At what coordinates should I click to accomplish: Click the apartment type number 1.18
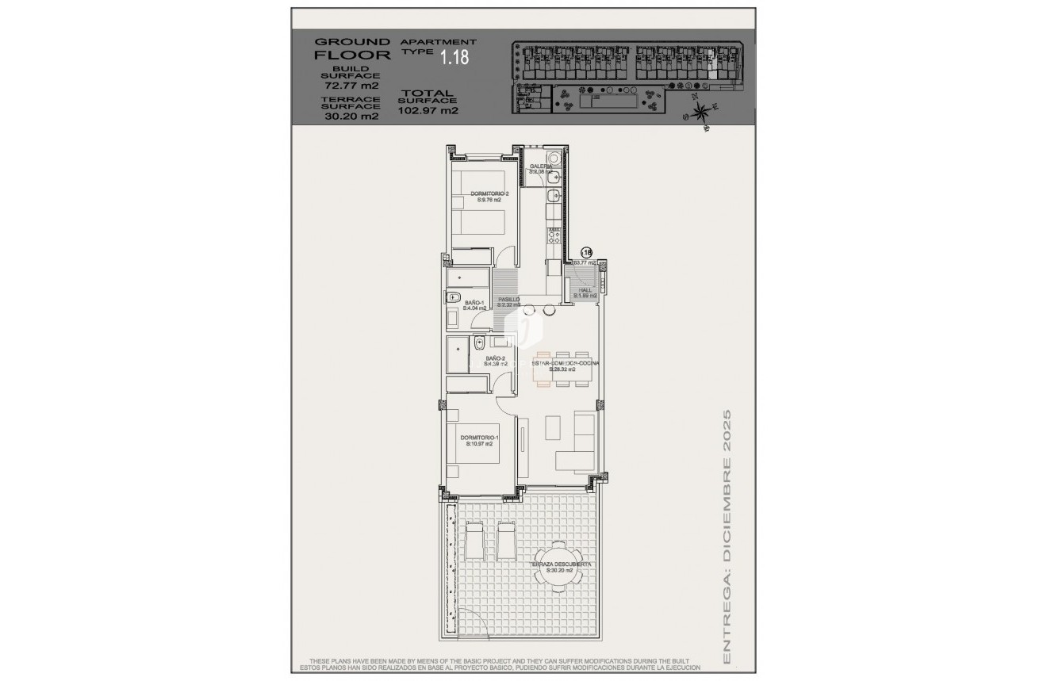tap(454, 57)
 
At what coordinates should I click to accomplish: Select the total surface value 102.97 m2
tap(428, 111)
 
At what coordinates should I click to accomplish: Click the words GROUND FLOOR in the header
tap(353, 48)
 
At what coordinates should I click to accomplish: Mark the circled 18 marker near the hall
tap(588, 251)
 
